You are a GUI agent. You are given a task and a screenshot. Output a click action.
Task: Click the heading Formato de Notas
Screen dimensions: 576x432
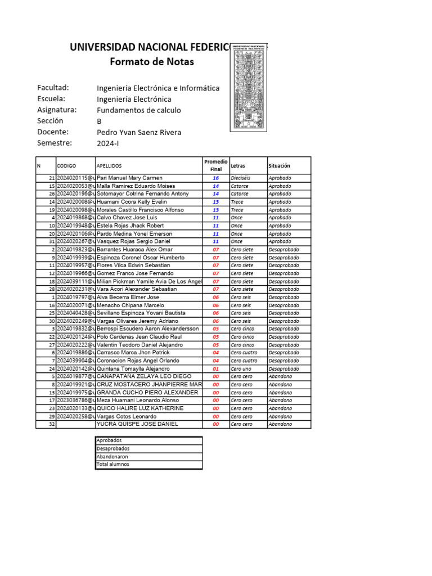151,62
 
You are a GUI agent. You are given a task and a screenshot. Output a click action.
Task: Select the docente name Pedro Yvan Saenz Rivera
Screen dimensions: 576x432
139,132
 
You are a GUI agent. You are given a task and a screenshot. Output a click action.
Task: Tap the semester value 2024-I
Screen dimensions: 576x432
108,143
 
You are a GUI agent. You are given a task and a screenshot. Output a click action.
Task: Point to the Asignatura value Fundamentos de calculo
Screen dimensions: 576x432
139,110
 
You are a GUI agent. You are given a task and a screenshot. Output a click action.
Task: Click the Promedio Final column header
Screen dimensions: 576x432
215,165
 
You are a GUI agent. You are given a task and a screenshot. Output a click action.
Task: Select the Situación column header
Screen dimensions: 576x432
279,166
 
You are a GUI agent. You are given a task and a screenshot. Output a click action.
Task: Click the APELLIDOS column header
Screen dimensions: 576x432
109,166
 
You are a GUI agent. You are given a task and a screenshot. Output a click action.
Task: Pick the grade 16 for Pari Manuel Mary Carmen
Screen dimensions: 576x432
215,178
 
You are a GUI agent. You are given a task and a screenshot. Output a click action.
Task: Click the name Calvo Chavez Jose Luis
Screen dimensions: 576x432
127,218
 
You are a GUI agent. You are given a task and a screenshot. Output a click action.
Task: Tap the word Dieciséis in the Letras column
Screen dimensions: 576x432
242,178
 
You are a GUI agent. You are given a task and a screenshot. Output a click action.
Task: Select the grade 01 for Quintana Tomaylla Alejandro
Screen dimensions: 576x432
215,369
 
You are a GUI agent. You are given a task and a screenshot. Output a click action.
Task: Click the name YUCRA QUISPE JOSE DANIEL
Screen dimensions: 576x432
137,424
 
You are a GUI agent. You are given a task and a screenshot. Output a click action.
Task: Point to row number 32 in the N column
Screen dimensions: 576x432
51,424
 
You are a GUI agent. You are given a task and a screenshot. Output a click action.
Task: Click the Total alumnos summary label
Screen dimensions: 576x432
112,465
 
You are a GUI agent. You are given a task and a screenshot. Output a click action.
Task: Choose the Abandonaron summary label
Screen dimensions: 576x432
112,457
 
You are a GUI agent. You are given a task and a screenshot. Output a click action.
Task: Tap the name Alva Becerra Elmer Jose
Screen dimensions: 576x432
128,297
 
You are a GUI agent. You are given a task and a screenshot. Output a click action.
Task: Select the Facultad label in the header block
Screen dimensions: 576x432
53,88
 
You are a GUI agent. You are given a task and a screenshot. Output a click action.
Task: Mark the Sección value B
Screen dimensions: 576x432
100,121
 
